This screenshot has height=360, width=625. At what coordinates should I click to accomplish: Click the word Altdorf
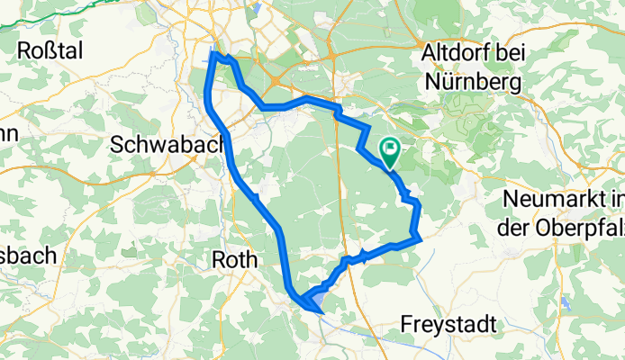(x=457, y=55)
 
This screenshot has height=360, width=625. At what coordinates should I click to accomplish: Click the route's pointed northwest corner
(x=214, y=56)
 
